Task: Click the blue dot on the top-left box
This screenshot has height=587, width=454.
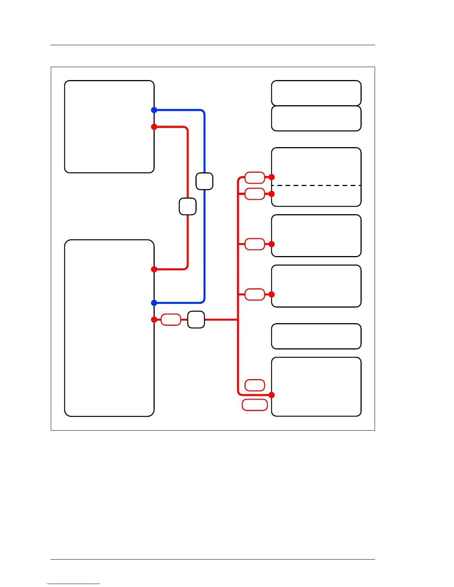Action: coord(154,110)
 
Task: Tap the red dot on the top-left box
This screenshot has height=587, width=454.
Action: coord(154,127)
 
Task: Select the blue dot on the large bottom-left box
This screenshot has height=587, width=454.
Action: coord(154,303)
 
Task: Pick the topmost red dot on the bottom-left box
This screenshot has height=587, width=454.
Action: coord(154,269)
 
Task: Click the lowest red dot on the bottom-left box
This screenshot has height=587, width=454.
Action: coord(154,319)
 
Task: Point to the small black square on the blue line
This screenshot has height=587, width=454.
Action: coord(204,181)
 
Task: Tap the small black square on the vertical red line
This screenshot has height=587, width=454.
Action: coord(188,206)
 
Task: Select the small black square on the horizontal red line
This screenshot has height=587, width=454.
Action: coord(196,319)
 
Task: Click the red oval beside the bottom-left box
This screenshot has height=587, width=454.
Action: coord(171,319)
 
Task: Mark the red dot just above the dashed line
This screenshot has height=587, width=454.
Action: coord(272,177)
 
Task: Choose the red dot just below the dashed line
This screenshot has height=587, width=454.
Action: coord(272,194)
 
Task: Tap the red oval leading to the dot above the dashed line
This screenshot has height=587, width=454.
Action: coord(255,178)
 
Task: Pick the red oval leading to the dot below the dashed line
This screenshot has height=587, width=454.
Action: coord(255,194)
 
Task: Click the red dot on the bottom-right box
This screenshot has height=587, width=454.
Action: coord(272,395)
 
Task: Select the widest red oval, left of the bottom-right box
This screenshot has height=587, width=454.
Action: coord(255,405)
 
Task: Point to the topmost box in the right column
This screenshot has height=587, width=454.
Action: coord(316,93)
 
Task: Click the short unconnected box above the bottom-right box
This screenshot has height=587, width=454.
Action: coord(316,336)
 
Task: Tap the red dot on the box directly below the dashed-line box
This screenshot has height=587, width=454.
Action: coord(272,244)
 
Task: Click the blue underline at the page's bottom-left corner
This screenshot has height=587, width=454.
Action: coord(73,584)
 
